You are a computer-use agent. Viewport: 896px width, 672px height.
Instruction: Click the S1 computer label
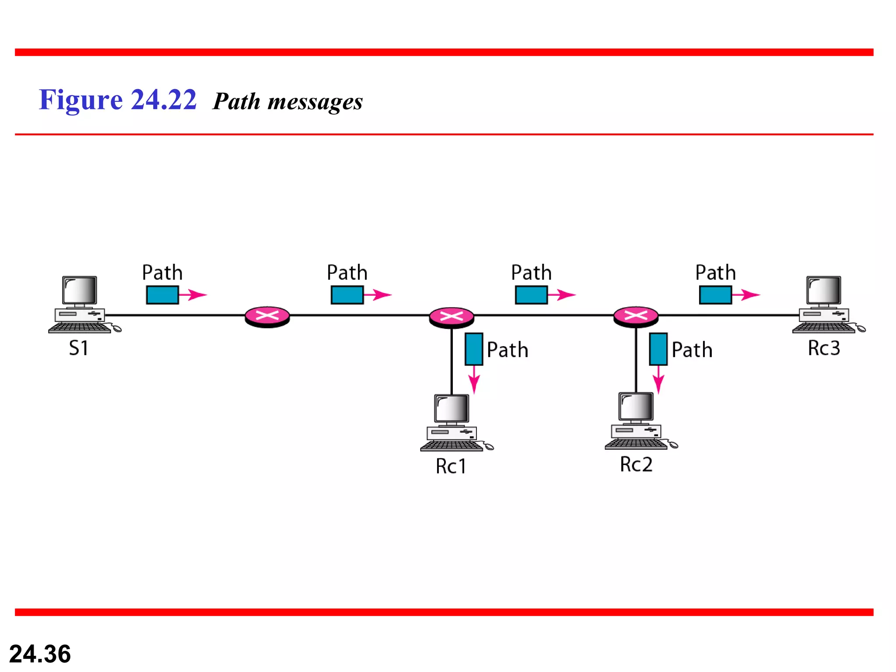(79, 348)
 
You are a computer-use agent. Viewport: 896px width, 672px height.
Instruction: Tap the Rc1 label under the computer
(451, 466)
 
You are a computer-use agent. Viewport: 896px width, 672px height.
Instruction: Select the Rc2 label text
(636, 465)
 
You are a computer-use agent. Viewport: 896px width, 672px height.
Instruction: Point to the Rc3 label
(824, 348)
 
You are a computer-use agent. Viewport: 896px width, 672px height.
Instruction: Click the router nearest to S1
(267, 316)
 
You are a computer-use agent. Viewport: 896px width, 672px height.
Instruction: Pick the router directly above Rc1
(451, 317)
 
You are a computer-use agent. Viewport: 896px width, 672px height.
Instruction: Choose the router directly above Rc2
(636, 317)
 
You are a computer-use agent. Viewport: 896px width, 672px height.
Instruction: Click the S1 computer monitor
(79, 290)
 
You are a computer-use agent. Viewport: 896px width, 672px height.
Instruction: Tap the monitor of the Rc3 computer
(823, 290)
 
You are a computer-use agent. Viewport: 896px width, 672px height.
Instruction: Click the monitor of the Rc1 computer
(451, 409)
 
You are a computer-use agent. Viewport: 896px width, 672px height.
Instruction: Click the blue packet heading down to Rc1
(474, 349)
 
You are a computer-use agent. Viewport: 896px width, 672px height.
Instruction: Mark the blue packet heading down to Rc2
(658, 349)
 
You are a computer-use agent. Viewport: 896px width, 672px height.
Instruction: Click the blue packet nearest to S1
(162, 295)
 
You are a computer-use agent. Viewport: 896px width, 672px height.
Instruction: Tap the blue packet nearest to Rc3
(715, 295)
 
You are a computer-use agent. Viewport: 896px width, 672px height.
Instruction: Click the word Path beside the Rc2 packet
(692, 350)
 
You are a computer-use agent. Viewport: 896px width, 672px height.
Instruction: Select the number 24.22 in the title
(164, 100)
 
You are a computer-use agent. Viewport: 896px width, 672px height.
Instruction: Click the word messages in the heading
(315, 102)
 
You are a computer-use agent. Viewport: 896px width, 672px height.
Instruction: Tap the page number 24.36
(40, 654)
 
